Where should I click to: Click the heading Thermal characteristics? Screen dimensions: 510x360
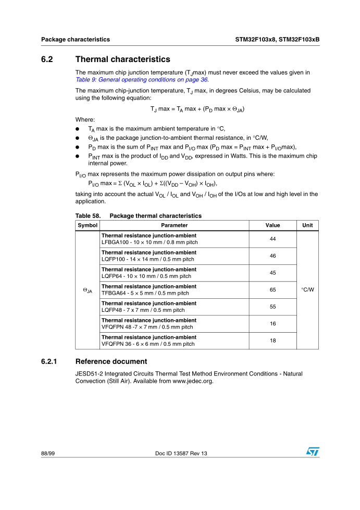[x=122, y=59]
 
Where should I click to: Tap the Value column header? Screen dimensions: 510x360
[x=272, y=225]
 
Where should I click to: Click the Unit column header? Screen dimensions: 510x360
[x=307, y=225]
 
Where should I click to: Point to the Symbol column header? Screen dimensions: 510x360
[x=88, y=225]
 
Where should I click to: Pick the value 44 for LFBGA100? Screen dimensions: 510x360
[x=272, y=239]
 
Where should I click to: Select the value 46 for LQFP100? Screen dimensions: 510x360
[x=272, y=256]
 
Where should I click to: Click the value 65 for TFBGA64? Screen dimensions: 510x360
[x=272, y=290]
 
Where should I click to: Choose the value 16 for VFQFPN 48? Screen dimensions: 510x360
[x=272, y=324]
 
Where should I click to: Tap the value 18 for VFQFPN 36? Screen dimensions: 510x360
[x=272, y=341]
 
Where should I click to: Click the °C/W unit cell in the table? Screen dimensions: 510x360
[x=307, y=290]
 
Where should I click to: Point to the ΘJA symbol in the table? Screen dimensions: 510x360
[x=88, y=290]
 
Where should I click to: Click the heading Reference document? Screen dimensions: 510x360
[x=111, y=361]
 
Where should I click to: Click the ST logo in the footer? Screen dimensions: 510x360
[x=312, y=452]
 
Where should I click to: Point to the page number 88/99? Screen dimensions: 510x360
[x=48, y=454]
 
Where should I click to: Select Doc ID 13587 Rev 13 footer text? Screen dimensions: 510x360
[x=181, y=454]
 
